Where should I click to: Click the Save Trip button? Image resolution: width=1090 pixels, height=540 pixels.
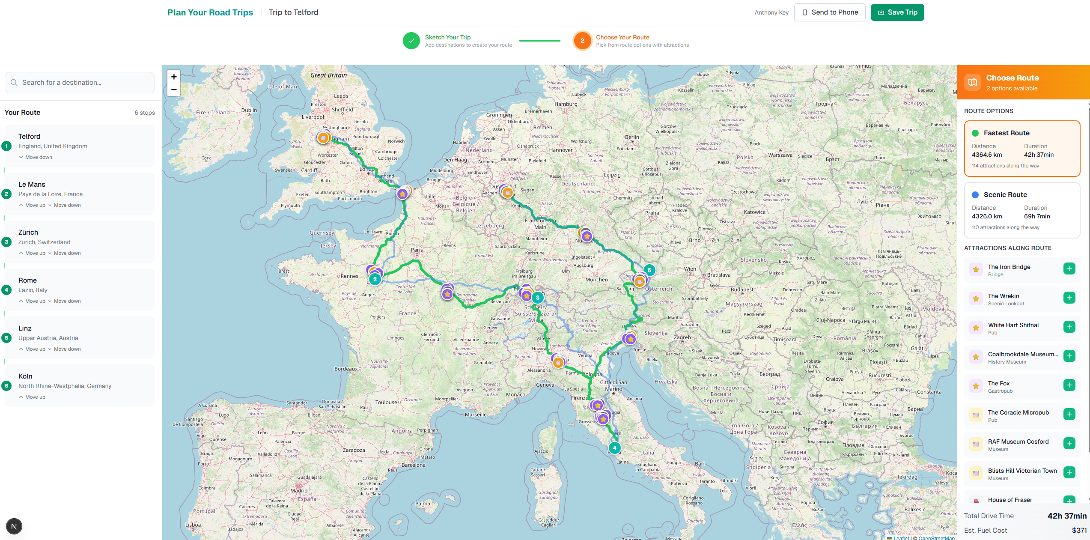897,12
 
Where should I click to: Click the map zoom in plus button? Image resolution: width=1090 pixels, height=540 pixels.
174,77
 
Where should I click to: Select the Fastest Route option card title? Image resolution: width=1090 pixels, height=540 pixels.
1006,133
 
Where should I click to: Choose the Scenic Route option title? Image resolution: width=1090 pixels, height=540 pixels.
1005,195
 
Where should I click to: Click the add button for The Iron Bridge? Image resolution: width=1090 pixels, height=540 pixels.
1069,269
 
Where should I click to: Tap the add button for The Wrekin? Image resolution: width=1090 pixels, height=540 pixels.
1069,298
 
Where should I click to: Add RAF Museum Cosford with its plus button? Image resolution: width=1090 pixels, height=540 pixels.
1069,444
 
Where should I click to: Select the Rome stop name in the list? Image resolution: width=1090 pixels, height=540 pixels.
27,280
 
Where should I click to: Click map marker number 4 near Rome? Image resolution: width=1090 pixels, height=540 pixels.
614,448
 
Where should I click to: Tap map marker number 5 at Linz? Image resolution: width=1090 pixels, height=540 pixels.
649,270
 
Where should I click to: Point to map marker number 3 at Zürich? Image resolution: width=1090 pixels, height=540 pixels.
537,298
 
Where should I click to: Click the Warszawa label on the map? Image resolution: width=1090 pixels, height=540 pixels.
780,155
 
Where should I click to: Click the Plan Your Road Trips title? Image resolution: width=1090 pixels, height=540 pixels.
210,12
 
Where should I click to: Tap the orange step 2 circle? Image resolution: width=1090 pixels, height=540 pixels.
582,41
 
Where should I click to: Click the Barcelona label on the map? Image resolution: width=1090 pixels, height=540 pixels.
414,465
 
